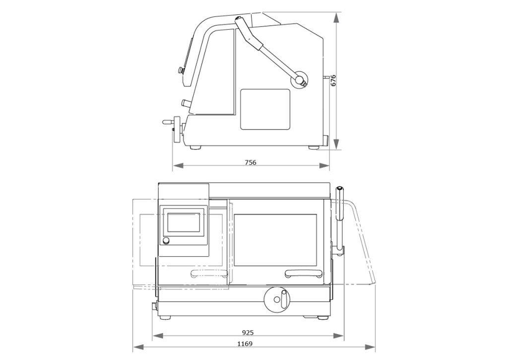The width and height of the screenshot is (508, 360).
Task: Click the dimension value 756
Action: click(x=251, y=162)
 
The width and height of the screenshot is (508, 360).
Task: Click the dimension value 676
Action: click(x=333, y=80)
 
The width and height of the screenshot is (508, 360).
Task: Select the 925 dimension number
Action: click(x=248, y=332)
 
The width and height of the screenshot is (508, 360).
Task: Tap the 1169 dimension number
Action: click(x=245, y=344)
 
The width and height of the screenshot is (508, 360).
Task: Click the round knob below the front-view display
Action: click(x=166, y=241)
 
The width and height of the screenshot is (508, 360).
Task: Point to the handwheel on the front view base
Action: click(x=277, y=299)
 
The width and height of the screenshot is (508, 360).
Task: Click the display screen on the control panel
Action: click(x=184, y=222)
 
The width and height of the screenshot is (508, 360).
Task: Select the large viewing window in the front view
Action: click(x=275, y=240)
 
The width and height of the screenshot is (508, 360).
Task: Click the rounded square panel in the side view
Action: click(x=265, y=109)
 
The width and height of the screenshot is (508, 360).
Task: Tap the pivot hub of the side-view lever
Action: click(x=299, y=79)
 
